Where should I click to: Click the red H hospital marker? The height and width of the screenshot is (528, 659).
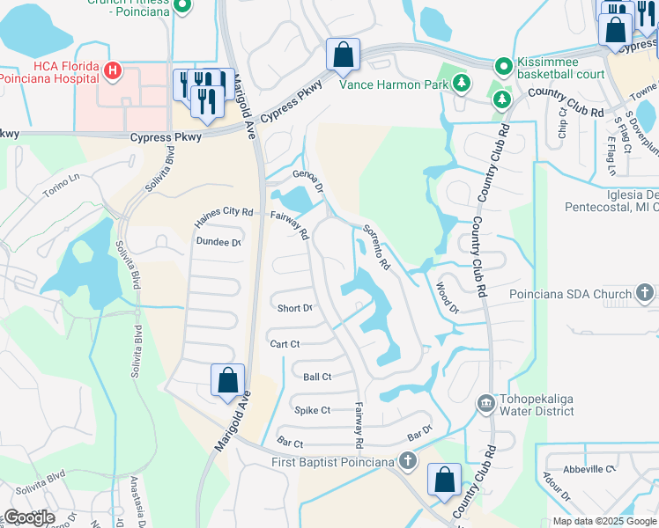tap(113, 70)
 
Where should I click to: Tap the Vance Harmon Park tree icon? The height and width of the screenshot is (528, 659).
tap(461, 84)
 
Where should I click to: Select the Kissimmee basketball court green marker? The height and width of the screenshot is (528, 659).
tap(503, 66)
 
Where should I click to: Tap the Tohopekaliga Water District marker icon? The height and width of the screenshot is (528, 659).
tap(485, 404)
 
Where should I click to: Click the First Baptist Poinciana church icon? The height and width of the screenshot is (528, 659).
tap(406, 459)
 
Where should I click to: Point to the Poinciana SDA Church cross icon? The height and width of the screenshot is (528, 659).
tap(645, 293)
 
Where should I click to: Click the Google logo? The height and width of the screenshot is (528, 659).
tap(28, 517)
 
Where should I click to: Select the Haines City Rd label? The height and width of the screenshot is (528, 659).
tap(224, 213)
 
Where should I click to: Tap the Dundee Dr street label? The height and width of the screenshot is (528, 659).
tap(218, 242)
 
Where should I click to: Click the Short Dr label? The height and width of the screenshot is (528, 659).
tap(295, 308)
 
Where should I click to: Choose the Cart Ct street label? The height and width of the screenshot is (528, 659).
tap(286, 344)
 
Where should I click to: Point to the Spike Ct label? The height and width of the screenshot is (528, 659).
tap(312, 410)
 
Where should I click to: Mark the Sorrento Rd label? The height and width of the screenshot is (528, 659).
tap(375, 247)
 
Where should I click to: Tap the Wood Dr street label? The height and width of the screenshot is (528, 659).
tap(448, 297)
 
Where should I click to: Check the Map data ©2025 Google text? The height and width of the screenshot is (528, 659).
tap(604, 521)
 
